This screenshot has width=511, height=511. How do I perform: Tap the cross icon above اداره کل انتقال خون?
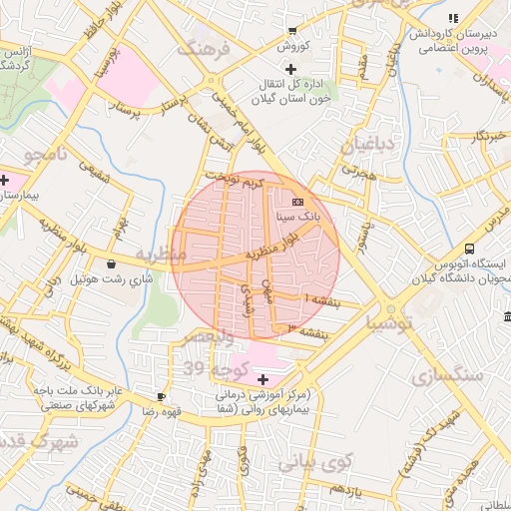click(290, 69)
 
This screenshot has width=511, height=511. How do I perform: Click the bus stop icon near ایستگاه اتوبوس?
click(468, 250)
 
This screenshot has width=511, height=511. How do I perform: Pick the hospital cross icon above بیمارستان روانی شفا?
click(263, 379)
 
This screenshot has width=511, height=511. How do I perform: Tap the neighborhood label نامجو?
click(47, 153)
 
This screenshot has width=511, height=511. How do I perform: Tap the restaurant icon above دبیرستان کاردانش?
click(453, 17)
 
